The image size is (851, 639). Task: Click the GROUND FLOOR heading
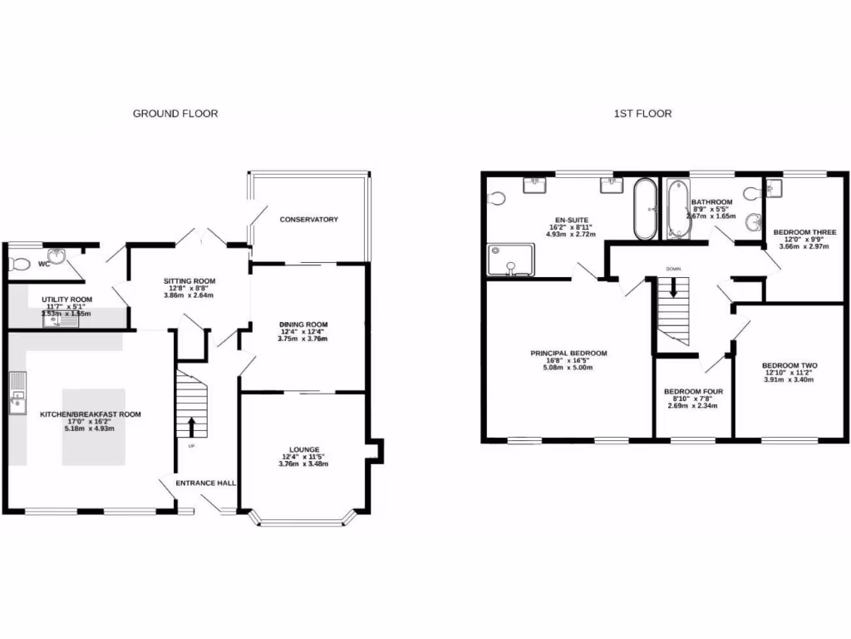[x=175, y=113]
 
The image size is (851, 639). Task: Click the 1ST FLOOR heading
[x=642, y=113]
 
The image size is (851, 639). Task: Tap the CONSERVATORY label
[x=308, y=220]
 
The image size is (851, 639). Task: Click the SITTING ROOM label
[x=189, y=282]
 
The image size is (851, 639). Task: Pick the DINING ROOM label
[x=303, y=324]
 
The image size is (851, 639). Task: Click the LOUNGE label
[x=304, y=449]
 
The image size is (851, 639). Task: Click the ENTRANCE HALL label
[x=205, y=483]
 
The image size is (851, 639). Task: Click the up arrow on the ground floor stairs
[x=192, y=426]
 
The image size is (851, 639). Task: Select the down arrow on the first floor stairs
[x=673, y=288]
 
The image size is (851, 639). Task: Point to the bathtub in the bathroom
[x=673, y=209]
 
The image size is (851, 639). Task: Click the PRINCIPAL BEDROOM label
[x=568, y=353]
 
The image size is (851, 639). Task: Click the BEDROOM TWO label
[x=790, y=366]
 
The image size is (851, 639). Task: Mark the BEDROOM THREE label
[x=804, y=232]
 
